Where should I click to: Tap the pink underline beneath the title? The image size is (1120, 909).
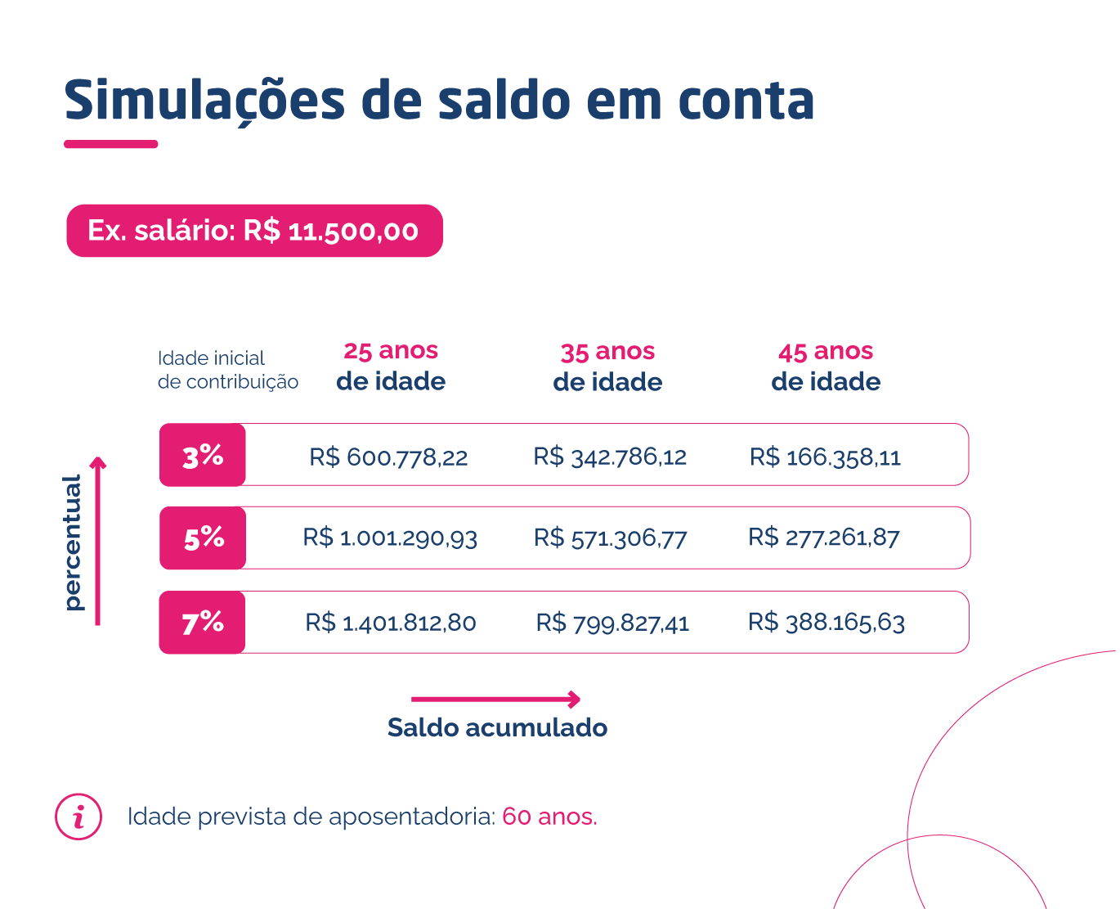pyautogui.click(x=110, y=144)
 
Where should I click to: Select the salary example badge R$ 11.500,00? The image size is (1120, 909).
pyautogui.click(x=254, y=231)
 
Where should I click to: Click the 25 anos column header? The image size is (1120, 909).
pyautogui.click(x=391, y=366)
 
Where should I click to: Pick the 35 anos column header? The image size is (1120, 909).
pyautogui.click(x=607, y=367)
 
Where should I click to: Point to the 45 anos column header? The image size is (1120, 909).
pyautogui.click(x=826, y=366)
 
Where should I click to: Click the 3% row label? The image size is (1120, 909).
pyautogui.click(x=203, y=455)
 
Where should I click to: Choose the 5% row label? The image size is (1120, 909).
pyautogui.click(x=203, y=538)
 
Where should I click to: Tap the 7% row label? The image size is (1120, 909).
pyautogui.click(x=203, y=622)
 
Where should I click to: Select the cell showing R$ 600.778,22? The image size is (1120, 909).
pyautogui.click(x=388, y=457)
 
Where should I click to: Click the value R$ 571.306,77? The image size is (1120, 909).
pyautogui.click(x=610, y=538)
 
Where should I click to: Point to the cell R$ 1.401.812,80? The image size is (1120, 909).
pyautogui.click(x=390, y=623)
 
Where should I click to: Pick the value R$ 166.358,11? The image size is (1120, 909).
pyautogui.click(x=825, y=457)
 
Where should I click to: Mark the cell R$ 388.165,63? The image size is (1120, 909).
pyautogui.click(x=826, y=622)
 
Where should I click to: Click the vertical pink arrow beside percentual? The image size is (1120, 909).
pyautogui.click(x=98, y=541)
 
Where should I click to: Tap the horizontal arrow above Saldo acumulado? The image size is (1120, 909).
pyautogui.click(x=495, y=700)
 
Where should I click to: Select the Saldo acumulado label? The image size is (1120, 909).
pyautogui.click(x=497, y=727)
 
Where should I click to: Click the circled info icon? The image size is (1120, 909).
pyautogui.click(x=78, y=817)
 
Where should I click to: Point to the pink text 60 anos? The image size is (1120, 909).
pyautogui.click(x=549, y=817)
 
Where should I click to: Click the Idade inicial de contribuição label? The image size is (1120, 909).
pyautogui.click(x=227, y=370)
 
